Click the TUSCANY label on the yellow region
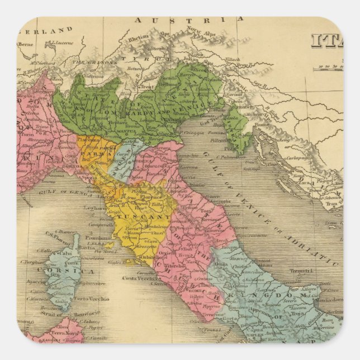click(x=151, y=217)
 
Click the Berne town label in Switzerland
click(x=25, y=43)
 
